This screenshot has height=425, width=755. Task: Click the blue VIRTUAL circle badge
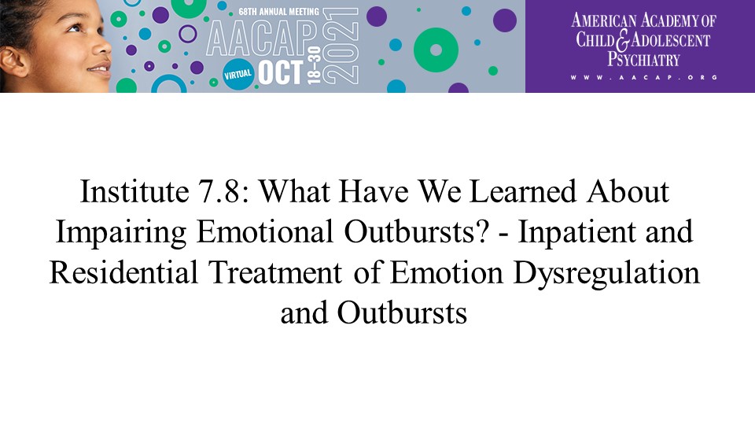[x=238, y=74]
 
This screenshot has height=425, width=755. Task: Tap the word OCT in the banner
[x=281, y=73]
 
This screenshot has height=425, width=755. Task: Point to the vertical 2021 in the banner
[x=341, y=46]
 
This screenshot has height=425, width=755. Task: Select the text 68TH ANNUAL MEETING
[x=278, y=11]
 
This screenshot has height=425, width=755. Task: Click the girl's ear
[x=12, y=61]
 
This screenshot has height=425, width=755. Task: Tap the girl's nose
[x=102, y=46]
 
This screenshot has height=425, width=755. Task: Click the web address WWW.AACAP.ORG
[x=644, y=77]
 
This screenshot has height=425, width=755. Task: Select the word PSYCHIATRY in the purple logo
[x=643, y=59]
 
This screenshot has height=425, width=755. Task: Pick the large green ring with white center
[x=436, y=50]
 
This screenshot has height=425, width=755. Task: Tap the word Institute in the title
[x=134, y=191]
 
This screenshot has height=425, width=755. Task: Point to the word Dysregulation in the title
[x=606, y=273]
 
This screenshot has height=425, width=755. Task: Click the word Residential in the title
[x=123, y=272]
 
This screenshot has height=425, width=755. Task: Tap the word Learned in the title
[x=522, y=191]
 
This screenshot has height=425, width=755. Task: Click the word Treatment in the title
[x=275, y=272]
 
